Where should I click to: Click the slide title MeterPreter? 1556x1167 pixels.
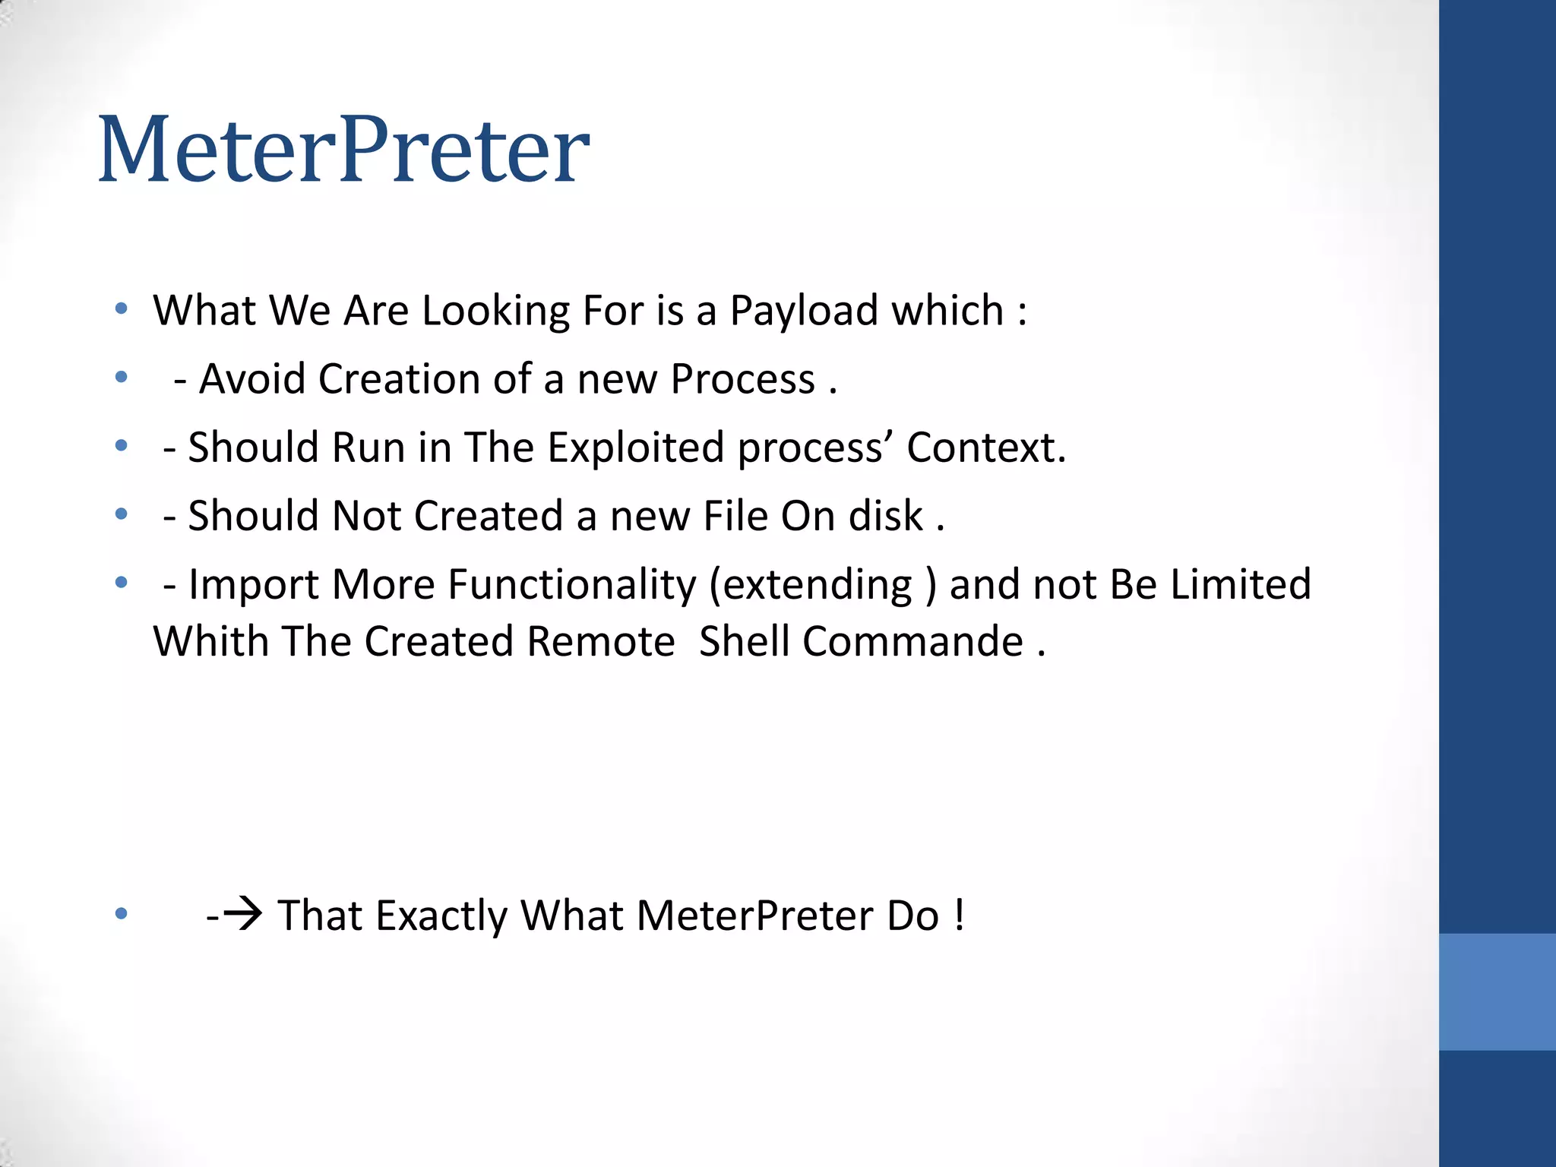[x=343, y=150]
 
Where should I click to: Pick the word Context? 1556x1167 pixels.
[x=986, y=447]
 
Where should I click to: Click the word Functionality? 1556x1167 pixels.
[x=571, y=585]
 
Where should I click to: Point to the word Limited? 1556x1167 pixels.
[x=1240, y=585]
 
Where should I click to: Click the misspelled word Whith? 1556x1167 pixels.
[x=210, y=641]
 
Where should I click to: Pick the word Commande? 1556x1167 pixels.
[x=912, y=641]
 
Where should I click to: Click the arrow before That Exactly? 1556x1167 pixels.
[x=244, y=915]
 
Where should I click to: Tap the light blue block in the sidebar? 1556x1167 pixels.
[x=1497, y=991]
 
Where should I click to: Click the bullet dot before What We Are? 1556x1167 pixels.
[x=121, y=309]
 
